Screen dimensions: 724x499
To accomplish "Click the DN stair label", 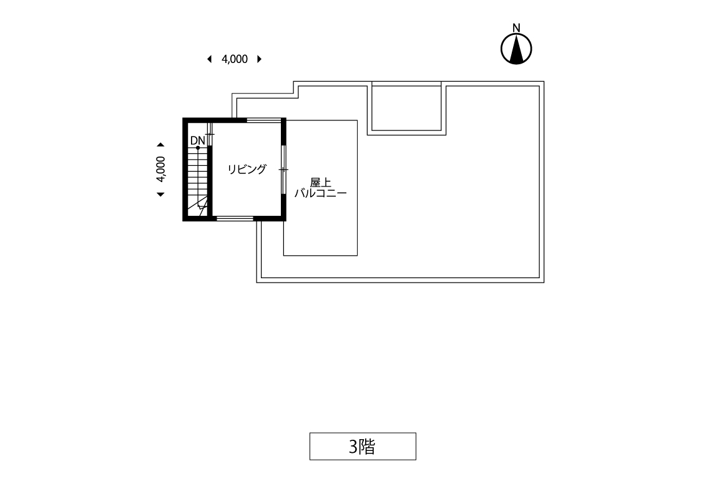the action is [x=197, y=140].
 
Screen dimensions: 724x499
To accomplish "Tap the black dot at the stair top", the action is [x=198, y=148].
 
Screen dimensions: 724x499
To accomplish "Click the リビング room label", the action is [x=247, y=169].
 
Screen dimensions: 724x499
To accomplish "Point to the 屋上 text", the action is [x=320, y=183].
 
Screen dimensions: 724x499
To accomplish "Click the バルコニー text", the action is [x=320, y=193].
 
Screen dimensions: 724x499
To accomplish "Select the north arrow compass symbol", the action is [x=516, y=49].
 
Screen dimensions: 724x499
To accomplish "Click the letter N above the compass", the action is [x=516, y=27].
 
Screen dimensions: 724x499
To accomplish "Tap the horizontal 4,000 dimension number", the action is [x=235, y=59].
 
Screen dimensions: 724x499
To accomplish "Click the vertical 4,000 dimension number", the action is [x=160, y=170].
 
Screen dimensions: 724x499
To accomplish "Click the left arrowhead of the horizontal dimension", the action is [x=210, y=59].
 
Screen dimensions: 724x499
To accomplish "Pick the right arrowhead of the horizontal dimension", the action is [x=260, y=59].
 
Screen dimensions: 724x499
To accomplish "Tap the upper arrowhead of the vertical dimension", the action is [x=160, y=145].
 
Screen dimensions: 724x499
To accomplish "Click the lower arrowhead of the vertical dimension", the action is [x=160, y=195].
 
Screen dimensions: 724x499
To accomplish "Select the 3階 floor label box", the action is [x=363, y=447].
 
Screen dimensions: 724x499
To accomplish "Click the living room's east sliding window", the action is [x=283, y=170].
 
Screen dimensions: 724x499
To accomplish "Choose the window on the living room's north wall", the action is [x=263, y=120].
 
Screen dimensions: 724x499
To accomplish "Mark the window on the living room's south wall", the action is [x=235, y=218].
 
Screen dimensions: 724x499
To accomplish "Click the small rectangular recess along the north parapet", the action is [x=406, y=108].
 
